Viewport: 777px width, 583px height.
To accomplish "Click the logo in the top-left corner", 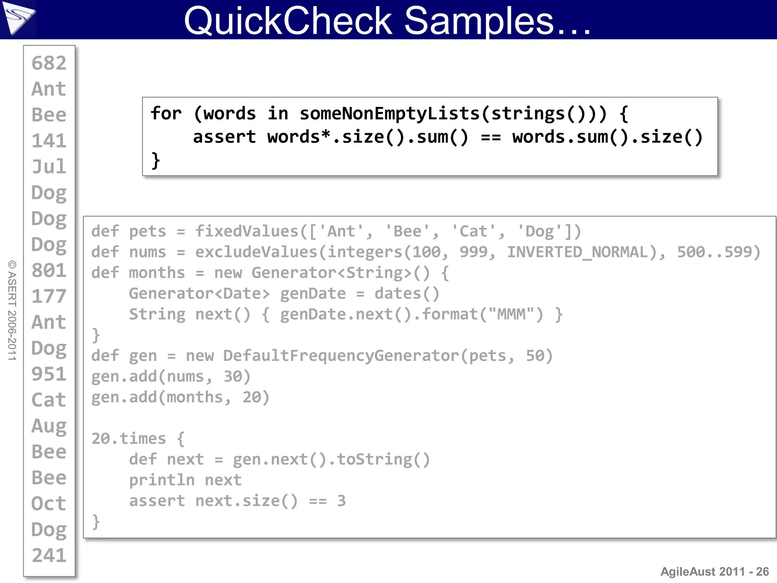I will click(18, 18).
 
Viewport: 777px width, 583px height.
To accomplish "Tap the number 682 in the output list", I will click(49, 63).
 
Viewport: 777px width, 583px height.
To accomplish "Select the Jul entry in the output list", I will click(49, 167).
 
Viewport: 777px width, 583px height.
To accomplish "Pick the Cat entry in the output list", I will click(49, 400).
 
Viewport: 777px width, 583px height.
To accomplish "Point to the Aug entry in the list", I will click(49, 426).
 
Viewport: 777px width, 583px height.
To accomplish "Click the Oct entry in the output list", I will click(49, 504).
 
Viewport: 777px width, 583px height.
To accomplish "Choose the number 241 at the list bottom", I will click(49, 556).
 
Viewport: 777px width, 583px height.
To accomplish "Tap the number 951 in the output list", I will click(49, 374).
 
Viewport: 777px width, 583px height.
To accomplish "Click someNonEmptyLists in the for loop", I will click(390, 113).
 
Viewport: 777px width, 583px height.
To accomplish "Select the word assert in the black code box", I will click(224, 137).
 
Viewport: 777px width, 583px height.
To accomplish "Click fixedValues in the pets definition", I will click(247, 231).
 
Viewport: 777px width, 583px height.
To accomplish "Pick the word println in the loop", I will click(162, 481).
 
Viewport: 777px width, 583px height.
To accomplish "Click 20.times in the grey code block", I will click(129, 439).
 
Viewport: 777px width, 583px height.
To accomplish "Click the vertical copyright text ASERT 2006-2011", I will click(12, 310).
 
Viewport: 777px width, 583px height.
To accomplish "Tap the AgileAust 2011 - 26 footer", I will click(714, 571).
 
